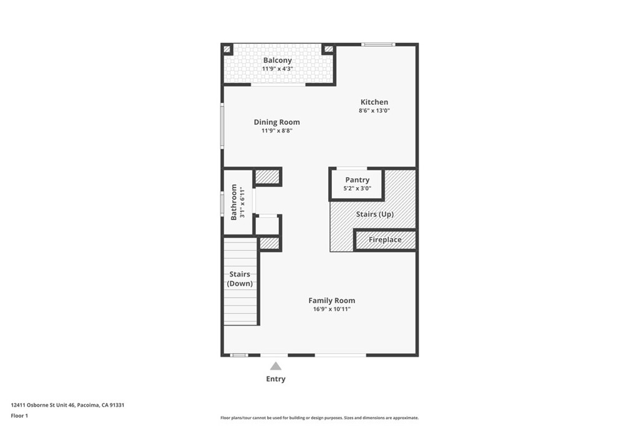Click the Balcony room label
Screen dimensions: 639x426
pos(277,61)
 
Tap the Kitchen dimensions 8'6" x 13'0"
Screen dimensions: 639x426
pos(374,110)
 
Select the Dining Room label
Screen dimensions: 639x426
pos(276,122)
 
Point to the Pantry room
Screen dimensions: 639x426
pos(357,185)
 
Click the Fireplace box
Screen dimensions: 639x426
pos(385,240)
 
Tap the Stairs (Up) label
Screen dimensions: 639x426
pos(375,214)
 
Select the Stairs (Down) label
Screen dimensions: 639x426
pos(240,279)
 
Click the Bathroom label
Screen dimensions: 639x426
pos(234,202)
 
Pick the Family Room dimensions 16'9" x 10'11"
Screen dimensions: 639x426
pos(332,309)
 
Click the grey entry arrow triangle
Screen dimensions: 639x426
pos(276,366)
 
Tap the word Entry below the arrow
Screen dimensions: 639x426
pos(276,379)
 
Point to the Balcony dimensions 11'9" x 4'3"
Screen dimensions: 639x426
pos(278,69)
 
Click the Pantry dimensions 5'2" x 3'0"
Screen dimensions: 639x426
pos(358,188)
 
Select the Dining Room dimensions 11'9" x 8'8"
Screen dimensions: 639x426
pos(277,131)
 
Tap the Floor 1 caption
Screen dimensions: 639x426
pos(19,416)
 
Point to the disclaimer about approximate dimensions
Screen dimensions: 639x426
pos(319,418)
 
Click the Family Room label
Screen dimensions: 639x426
pos(332,301)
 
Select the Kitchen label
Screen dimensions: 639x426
pos(374,102)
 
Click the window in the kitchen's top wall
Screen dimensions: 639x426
pos(378,44)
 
